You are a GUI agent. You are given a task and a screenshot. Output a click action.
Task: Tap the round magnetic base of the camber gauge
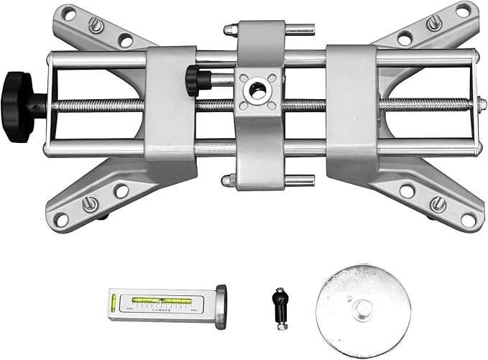219,303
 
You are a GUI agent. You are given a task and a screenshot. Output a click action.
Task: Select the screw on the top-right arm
433,23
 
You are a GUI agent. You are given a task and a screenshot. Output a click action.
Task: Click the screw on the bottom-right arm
436,205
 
